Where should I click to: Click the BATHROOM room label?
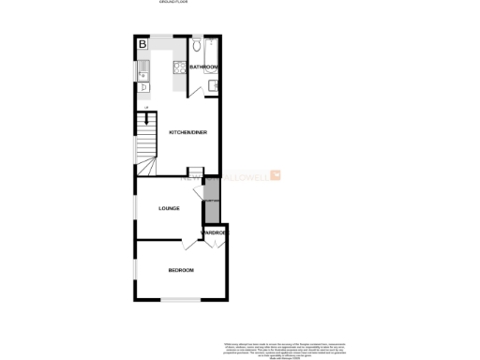click(203, 67)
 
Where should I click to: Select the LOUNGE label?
click(169, 208)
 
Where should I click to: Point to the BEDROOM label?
click(181, 270)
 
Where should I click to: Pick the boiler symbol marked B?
click(142, 44)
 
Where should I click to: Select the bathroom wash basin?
click(216, 87)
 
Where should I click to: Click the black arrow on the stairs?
click(145, 117)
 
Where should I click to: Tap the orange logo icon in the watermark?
click(276, 174)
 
